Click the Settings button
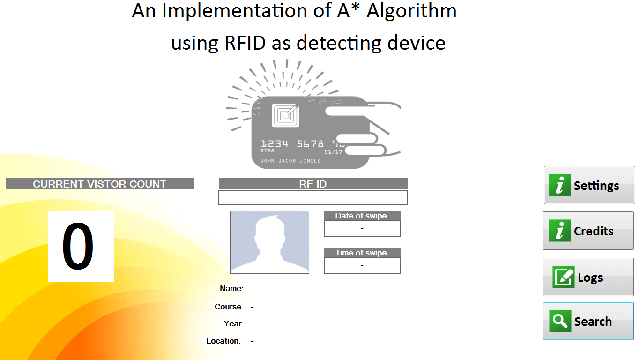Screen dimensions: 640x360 click(x=589, y=185)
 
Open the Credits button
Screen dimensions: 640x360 click(x=588, y=231)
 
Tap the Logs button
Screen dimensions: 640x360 click(x=588, y=277)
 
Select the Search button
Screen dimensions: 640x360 click(x=588, y=321)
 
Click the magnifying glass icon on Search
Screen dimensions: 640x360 click(x=560, y=321)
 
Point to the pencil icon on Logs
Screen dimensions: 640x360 click(x=564, y=277)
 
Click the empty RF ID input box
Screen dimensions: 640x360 click(x=313, y=198)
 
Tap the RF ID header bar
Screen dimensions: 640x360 click(x=313, y=184)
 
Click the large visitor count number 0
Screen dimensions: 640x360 click(x=78, y=246)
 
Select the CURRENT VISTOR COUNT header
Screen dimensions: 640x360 click(x=100, y=184)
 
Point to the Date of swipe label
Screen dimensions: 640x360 click(x=362, y=216)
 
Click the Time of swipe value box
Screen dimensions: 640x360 click(x=362, y=266)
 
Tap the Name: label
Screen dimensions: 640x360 click(x=232, y=288)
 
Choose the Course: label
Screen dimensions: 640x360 click(x=229, y=307)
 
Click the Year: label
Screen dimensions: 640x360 click(x=234, y=324)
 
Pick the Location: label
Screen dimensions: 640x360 click(x=223, y=341)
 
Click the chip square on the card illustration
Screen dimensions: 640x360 click(x=285, y=115)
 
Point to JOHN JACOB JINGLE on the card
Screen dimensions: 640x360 click(x=290, y=161)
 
